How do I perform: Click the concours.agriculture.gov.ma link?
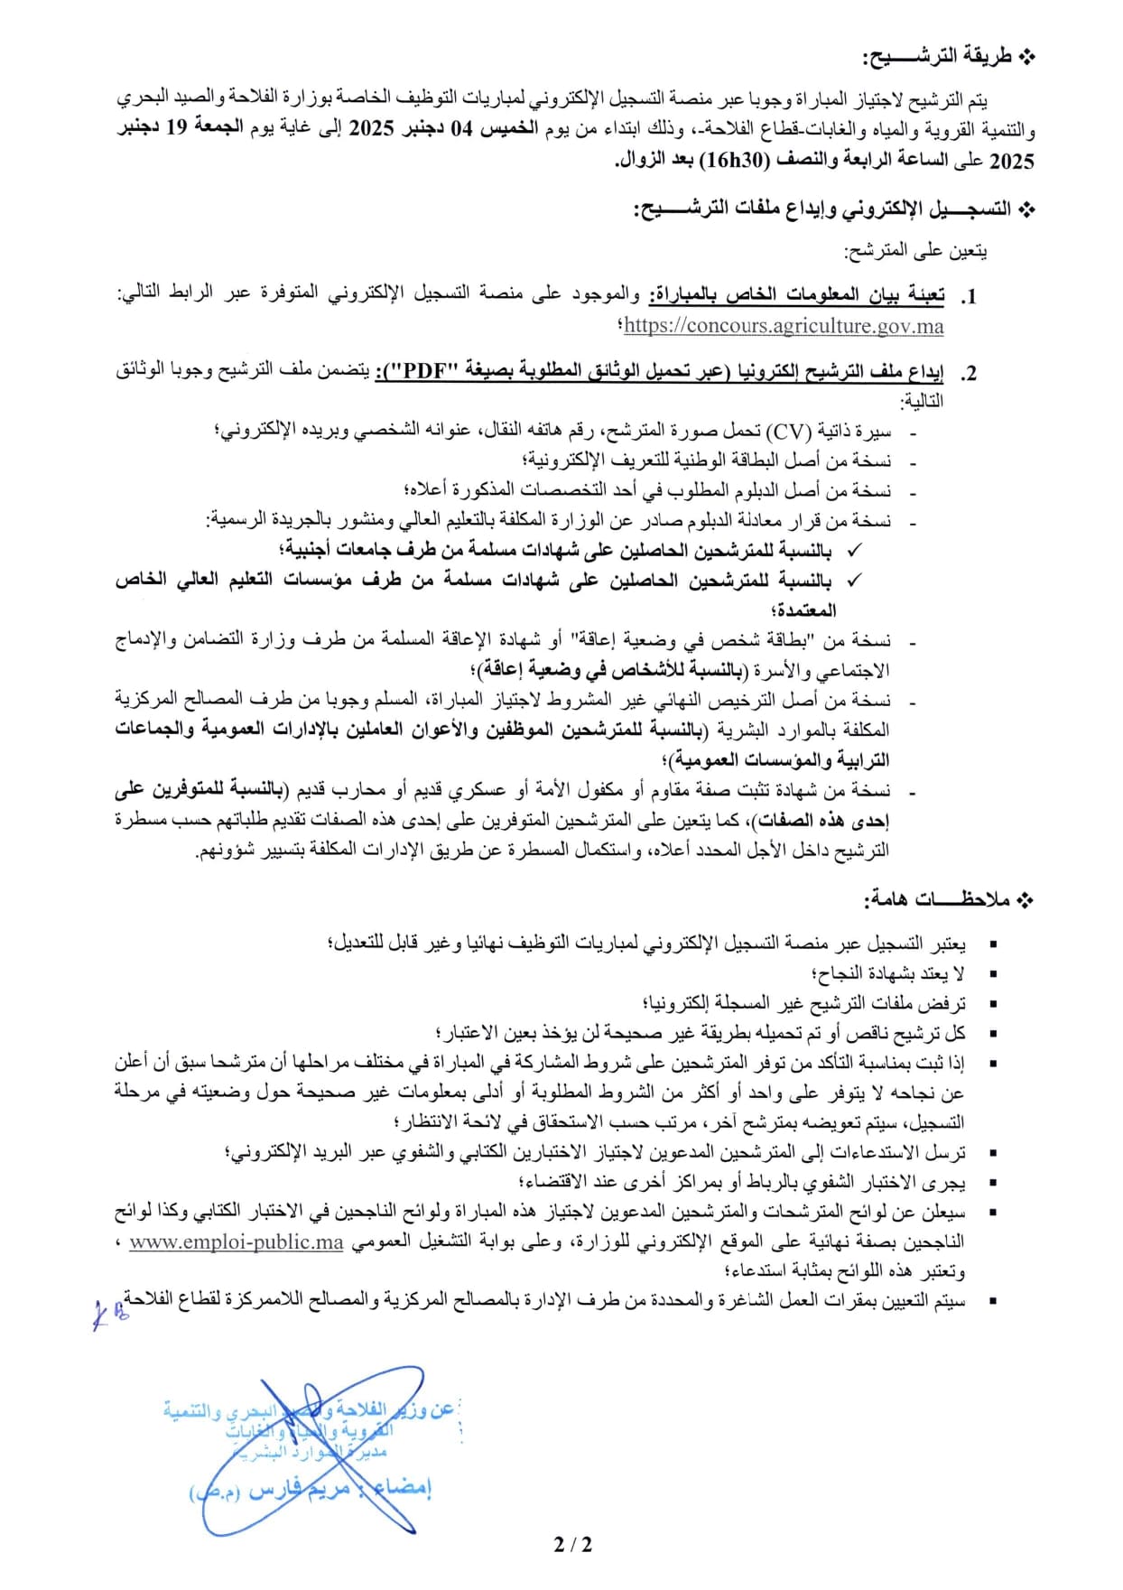[x=783, y=326]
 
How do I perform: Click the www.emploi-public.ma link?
[x=237, y=1242]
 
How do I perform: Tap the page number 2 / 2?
[x=573, y=1544]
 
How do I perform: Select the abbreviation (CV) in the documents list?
[x=789, y=431]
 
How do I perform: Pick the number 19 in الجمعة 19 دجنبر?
[x=176, y=128]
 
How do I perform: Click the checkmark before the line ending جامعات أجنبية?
[x=854, y=550]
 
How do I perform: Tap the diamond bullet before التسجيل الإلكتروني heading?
[x=1026, y=209]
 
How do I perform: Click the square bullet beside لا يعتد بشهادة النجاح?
[x=993, y=974]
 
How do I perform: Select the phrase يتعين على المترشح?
[x=915, y=251]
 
